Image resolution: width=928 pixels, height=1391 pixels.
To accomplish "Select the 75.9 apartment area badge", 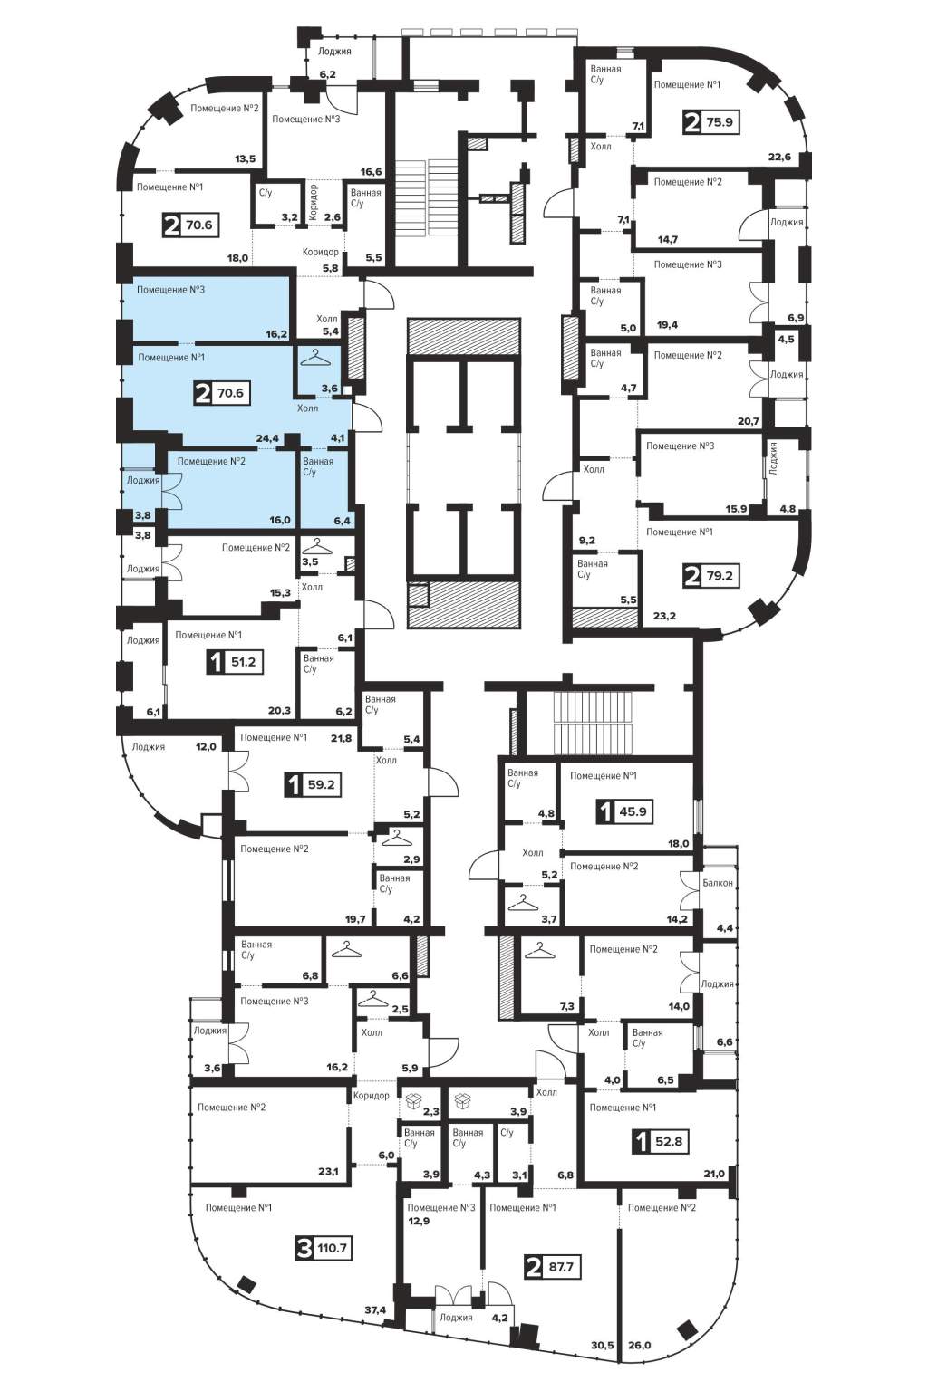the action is coord(711,121).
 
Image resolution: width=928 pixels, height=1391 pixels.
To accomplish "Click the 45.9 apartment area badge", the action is coord(625,811).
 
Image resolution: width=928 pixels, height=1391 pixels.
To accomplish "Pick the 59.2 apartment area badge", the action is coord(314,784).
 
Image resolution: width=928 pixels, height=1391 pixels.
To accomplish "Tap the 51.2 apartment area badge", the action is coord(235,662).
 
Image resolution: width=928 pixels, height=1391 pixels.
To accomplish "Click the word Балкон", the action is coord(718,882).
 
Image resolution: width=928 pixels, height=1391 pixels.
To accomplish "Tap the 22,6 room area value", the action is coord(779,157).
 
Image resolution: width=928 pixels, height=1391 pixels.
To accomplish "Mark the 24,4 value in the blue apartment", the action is coord(267,438).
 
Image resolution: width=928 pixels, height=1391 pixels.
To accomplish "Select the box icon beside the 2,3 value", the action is coord(412,1102).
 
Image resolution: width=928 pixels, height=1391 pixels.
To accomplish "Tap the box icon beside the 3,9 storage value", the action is coord(462,1102).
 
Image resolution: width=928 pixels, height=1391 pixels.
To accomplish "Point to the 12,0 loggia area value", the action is coord(206,746).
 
